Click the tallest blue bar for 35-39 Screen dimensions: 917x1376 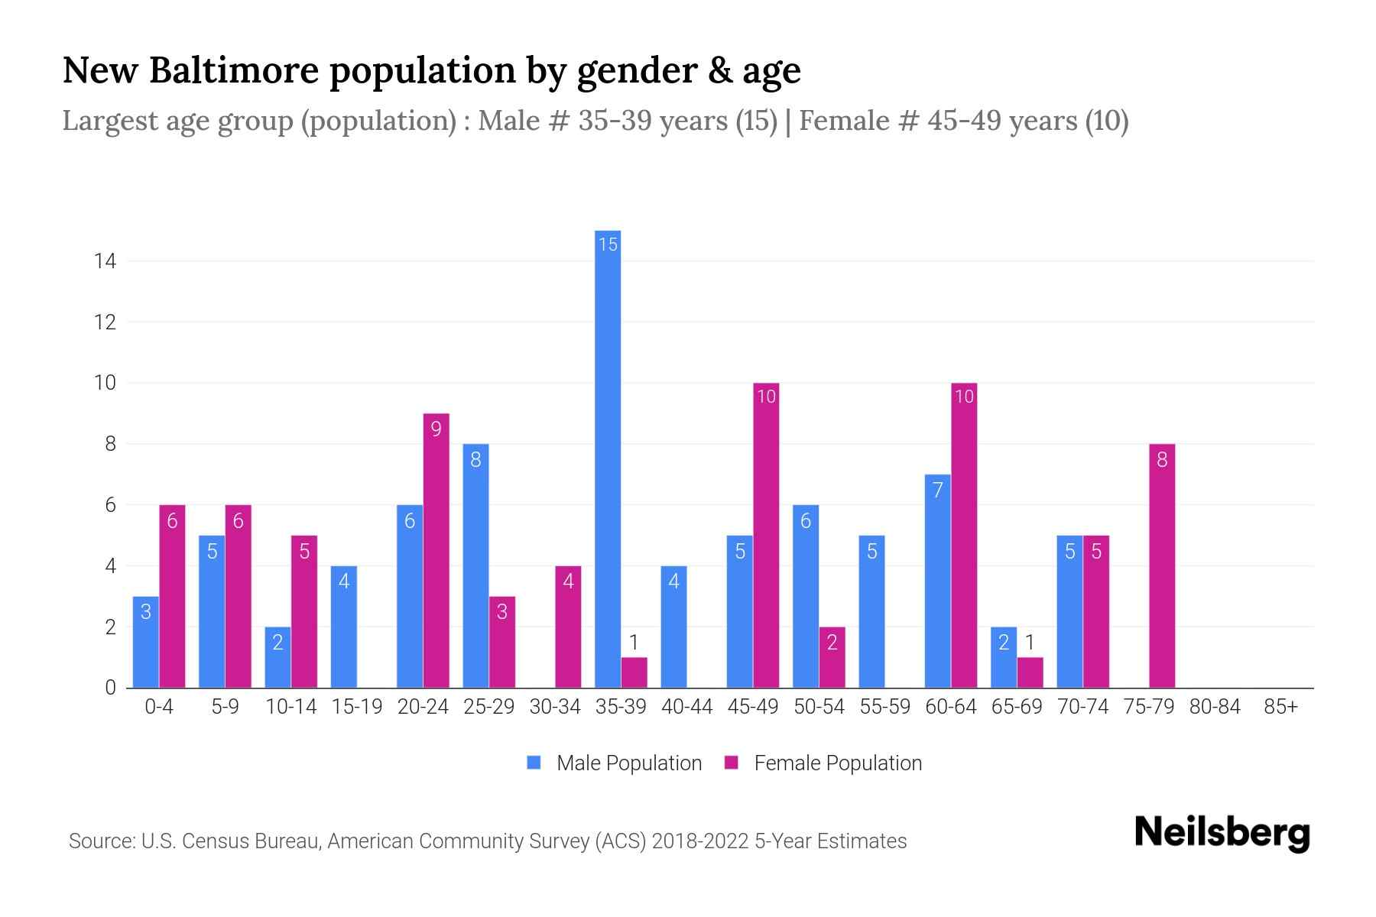point(608,458)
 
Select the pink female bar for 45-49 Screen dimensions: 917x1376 point(766,535)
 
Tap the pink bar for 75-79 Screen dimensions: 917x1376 point(1162,565)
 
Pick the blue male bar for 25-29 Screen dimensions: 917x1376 point(475,565)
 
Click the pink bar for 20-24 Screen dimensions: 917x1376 point(436,550)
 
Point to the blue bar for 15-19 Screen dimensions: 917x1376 point(344,627)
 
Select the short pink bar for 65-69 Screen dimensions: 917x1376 point(1030,672)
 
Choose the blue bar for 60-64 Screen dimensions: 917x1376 point(938,581)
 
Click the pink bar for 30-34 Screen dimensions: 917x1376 point(568,627)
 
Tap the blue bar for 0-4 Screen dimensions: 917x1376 point(146,642)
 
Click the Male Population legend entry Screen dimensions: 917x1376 point(615,763)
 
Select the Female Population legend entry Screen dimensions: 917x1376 point(823,763)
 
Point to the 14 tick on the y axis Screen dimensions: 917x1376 point(105,261)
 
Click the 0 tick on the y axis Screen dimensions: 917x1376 point(111,688)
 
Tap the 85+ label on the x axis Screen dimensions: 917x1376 point(1280,707)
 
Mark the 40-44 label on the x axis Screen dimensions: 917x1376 point(686,707)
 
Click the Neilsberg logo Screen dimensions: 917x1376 point(1222,833)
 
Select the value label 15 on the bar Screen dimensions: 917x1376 point(608,245)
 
